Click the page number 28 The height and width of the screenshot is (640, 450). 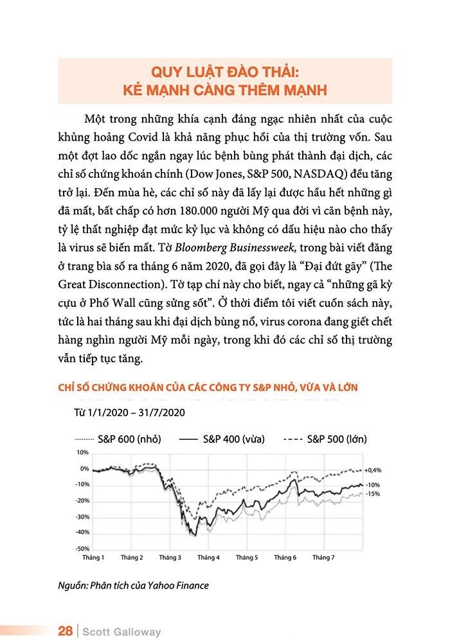point(65,631)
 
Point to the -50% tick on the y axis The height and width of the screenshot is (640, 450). point(82,549)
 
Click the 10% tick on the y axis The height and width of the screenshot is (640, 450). point(84,453)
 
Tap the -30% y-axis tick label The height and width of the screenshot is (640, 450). point(82,517)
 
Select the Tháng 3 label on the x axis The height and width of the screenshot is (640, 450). point(170,558)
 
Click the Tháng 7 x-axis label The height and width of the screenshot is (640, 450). point(323,558)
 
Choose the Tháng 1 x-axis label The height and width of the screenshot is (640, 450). point(94,558)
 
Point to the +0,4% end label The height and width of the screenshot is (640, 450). point(373,470)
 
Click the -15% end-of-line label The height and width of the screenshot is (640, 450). point(372,494)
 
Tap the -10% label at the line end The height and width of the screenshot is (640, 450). point(372,485)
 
